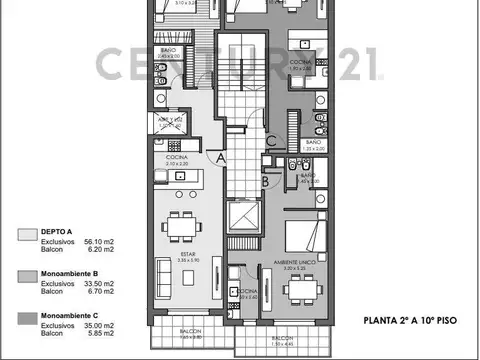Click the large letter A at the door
point(220,156)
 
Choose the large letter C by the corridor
point(271,142)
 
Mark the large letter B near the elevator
point(264,183)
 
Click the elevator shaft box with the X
point(243,217)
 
